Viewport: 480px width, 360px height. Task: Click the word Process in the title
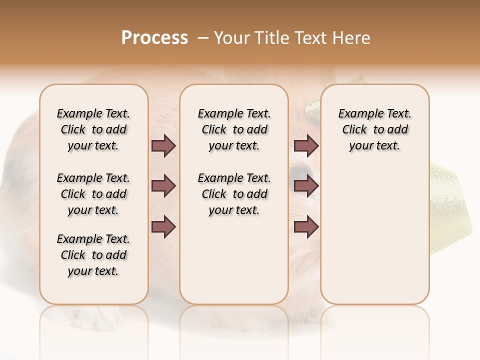coord(154,38)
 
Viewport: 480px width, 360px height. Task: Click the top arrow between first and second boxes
coord(163,146)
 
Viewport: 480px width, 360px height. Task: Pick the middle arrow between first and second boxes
coord(163,186)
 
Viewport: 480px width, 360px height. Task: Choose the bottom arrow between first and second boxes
coord(163,227)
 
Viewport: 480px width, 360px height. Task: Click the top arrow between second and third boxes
coord(306,146)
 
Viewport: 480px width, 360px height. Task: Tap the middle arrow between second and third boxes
coord(306,186)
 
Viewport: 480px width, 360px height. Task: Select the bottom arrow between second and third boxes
coord(306,227)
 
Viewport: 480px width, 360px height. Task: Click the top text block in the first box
coord(93,129)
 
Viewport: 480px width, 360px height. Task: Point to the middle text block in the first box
coord(93,194)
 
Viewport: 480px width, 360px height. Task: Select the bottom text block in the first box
coord(93,255)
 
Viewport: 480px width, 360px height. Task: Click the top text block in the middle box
coord(234,129)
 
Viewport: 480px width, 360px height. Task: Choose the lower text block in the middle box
coord(234,194)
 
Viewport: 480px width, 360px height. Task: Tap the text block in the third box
coord(374,129)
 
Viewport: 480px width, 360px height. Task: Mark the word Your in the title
coord(229,38)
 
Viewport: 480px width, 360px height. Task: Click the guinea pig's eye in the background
coord(299,171)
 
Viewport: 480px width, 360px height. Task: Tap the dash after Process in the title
coord(203,38)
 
